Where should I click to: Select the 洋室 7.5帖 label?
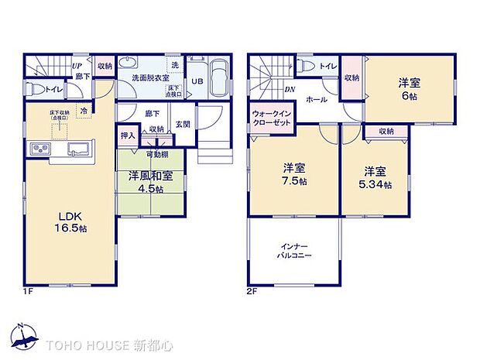(292, 174)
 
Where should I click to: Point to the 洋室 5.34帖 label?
(375, 177)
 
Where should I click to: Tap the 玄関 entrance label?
(183, 125)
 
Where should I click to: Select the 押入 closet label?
(128, 135)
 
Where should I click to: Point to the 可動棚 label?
(156, 154)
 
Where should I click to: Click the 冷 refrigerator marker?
(84, 111)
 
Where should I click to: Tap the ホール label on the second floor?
(315, 100)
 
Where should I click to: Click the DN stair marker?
(288, 90)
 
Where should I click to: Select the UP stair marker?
(77, 67)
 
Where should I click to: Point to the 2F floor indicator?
(251, 291)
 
